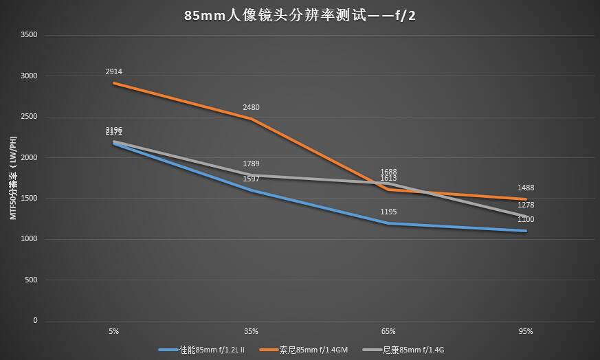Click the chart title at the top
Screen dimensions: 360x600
300,15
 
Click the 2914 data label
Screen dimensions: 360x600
114,71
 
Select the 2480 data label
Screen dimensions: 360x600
252,107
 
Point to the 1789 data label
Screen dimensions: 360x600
252,164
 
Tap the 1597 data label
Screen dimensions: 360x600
252,179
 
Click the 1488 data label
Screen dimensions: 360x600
526,188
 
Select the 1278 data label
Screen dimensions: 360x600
526,205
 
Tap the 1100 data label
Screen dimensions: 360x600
526,219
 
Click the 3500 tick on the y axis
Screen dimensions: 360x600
29,35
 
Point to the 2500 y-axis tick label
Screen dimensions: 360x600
29,117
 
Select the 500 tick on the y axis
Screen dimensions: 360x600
31,280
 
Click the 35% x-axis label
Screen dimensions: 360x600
252,331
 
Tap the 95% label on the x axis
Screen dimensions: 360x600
526,331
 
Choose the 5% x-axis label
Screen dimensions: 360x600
114,331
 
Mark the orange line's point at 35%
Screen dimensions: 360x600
252,119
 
